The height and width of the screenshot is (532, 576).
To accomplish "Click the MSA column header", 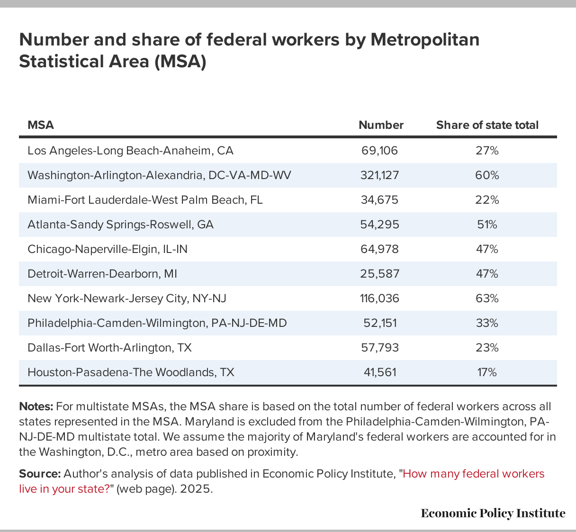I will click(41, 125).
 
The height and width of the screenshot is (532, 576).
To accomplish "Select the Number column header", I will click(381, 125).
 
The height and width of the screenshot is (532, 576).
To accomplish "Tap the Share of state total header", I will click(487, 125).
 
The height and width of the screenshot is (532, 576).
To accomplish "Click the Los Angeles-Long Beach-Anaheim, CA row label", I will click(130, 151).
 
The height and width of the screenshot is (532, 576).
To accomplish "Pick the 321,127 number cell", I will click(379, 175).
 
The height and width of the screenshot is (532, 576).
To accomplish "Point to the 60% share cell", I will click(487, 175).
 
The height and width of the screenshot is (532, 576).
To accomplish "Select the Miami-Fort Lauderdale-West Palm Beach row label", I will click(145, 200).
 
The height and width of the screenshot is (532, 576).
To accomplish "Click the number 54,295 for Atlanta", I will click(379, 225).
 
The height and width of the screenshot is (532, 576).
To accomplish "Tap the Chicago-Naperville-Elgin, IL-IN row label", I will click(108, 249).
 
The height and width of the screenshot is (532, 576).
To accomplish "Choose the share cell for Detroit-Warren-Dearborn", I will click(487, 274).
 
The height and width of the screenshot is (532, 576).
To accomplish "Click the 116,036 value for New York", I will click(379, 298).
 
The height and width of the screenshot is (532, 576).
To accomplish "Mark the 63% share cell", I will click(487, 298).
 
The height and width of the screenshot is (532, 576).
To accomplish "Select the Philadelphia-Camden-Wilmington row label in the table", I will click(157, 323).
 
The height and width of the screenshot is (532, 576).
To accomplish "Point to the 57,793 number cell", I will click(379, 348).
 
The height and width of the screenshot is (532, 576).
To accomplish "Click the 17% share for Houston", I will click(487, 372).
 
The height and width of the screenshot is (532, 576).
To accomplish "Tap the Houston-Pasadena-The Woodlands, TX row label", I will click(131, 372).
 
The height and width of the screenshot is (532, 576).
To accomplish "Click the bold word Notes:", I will click(36, 406).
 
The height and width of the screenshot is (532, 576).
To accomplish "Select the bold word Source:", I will click(40, 474).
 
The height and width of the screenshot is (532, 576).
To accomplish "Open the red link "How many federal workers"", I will click(474, 474).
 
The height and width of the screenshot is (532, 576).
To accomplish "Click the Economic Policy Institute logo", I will click(493, 514).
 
